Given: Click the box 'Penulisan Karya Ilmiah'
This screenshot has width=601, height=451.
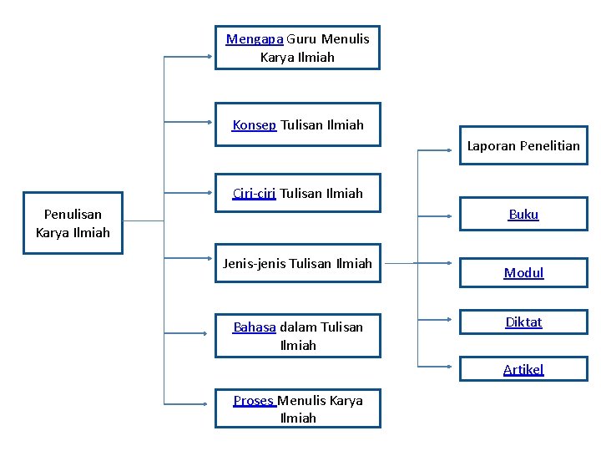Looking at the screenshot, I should pyautogui.click(x=73, y=224).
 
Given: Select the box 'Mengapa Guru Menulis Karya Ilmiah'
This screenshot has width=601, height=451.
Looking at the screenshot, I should pyautogui.click(x=297, y=48).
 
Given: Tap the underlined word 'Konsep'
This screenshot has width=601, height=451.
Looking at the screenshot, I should pyautogui.click(x=254, y=125).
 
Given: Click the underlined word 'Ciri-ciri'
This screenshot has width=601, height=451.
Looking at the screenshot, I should pyautogui.click(x=254, y=194).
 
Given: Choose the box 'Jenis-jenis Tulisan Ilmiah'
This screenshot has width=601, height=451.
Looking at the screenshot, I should pyautogui.click(x=297, y=264).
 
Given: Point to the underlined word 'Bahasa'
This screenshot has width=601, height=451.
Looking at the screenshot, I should pyautogui.click(x=255, y=327).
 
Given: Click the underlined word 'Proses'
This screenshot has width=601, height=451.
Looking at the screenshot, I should pyautogui.click(x=254, y=401).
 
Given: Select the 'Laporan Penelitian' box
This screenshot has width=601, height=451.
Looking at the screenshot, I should pyautogui.click(x=523, y=146).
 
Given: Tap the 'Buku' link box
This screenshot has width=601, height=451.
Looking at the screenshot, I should pyautogui.click(x=523, y=215).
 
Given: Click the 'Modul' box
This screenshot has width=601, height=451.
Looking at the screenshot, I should pyautogui.click(x=523, y=273).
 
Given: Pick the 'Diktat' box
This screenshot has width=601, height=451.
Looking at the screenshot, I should pyautogui.click(x=523, y=322).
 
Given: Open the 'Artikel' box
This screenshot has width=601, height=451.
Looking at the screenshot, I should pyautogui.click(x=523, y=369).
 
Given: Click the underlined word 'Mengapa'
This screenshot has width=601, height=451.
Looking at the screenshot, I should pyautogui.click(x=255, y=39).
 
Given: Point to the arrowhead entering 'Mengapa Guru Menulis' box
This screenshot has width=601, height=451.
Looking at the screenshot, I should pyautogui.click(x=210, y=57).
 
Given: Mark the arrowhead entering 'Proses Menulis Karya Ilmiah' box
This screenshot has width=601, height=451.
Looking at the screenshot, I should pyautogui.click(x=210, y=404).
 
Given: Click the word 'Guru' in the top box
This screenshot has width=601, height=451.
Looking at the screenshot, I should pyautogui.click(x=303, y=39).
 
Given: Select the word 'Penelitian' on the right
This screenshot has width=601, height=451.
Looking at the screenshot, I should pyautogui.click(x=549, y=146).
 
